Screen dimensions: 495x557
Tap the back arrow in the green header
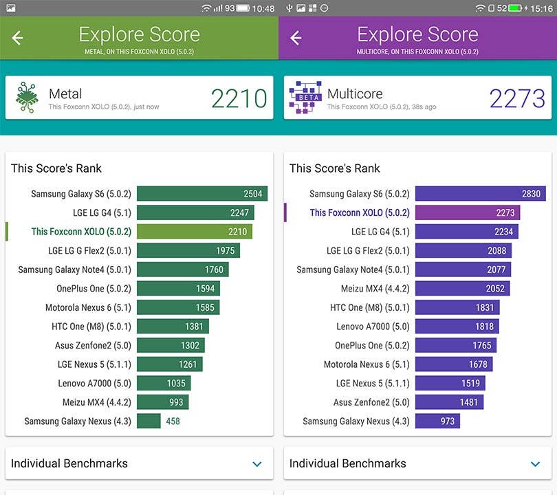pyautogui.click(x=18, y=38)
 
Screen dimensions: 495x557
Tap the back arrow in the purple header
pyautogui.click(x=296, y=38)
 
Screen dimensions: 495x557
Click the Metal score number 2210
pyautogui.click(x=239, y=99)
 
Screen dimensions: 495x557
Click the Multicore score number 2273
pyautogui.click(x=517, y=99)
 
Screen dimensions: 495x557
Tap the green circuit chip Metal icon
pyautogui.click(x=27, y=98)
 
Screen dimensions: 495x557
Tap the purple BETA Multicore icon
pyautogui.click(x=305, y=98)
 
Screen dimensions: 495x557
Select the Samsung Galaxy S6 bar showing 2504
pyautogui.click(x=201, y=194)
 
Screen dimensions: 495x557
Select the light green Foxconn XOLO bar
pyautogui.click(x=195, y=232)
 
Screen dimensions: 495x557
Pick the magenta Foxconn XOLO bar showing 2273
pyautogui.click(x=468, y=213)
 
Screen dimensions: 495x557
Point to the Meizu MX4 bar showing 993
pyautogui.click(x=162, y=402)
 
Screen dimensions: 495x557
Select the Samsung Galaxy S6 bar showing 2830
pyautogui.click(x=480, y=194)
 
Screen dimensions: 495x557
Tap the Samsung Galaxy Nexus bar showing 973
pyautogui.click(x=437, y=421)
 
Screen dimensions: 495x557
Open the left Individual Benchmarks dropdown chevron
pyautogui.click(x=257, y=464)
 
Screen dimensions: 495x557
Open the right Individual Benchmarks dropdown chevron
pyautogui.click(x=535, y=464)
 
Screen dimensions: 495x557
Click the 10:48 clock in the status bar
pyautogui.click(x=263, y=8)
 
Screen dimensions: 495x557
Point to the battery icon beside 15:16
pyautogui.click(x=516, y=8)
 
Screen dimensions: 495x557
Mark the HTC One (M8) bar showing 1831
pyautogui.click(x=457, y=307)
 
